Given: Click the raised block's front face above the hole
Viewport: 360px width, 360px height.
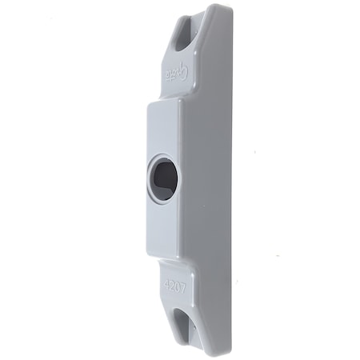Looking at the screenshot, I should [x=163, y=128].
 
